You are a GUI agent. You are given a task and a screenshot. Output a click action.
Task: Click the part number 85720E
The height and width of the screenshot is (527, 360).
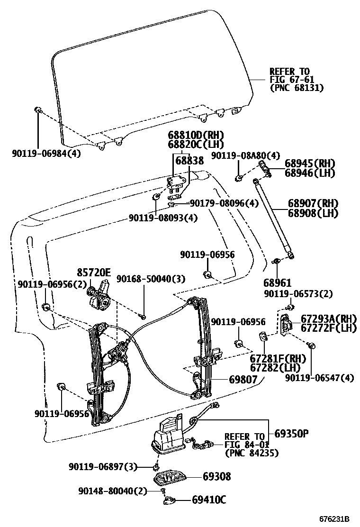(x=94, y=272)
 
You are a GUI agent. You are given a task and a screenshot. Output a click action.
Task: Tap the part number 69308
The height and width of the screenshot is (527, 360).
(x=217, y=476)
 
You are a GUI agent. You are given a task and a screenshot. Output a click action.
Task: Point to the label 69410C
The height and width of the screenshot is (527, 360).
(x=209, y=499)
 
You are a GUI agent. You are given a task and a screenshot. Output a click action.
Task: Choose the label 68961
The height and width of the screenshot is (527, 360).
(x=278, y=282)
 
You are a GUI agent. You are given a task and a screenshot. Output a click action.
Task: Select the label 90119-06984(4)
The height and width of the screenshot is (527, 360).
(x=46, y=153)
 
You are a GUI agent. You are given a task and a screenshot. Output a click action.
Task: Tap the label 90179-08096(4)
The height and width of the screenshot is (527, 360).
(x=224, y=203)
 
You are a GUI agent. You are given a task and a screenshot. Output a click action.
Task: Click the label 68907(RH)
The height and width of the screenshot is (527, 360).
(x=313, y=203)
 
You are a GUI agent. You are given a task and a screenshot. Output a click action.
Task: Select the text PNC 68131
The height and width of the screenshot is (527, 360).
(x=297, y=88)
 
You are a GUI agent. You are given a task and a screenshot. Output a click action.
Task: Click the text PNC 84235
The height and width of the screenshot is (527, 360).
(x=252, y=453)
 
